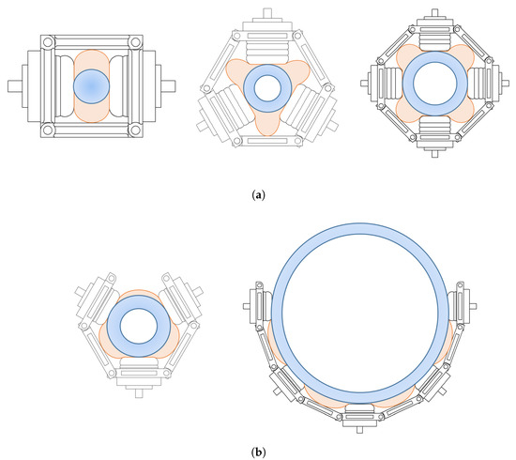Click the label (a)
(x=258, y=195)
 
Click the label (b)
(x=258, y=452)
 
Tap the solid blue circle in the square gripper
(x=91, y=86)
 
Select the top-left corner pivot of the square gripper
(x=48, y=42)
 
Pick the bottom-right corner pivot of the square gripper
(x=135, y=130)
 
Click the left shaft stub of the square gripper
(x=15, y=86)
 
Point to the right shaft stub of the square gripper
(x=168, y=86)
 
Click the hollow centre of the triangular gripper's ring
(x=267, y=88)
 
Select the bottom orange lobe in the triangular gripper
(x=267, y=125)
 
